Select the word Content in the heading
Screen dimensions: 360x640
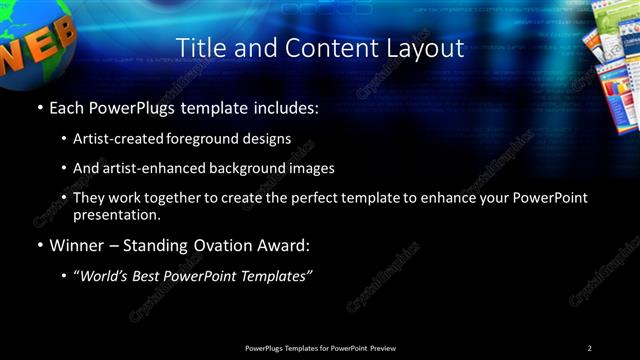click(325, 48)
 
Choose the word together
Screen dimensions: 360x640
click(185, 198)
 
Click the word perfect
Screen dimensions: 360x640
click(306, 198)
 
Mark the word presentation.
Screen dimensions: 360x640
click(117, 214)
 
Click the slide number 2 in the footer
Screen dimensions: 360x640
click(589, 347)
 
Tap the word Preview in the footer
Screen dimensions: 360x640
click(387, 347)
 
